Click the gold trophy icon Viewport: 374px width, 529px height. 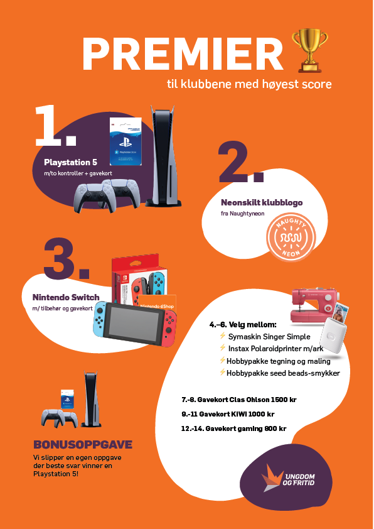pyautogui.click(x=309, y=51)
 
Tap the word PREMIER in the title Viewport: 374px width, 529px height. pyautogui.click(x=183, y=54)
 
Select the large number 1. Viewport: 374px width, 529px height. pyautogui.click(x=55, y=126)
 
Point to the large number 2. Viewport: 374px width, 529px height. pyautogui.click(x=240, y=163)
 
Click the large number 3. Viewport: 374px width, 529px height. pyautogui.click(x=67, y=258)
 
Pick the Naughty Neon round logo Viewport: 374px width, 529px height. pyautogui.click(x=291, y=237)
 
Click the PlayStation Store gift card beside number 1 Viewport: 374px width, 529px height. pyautogui.click(x=126, y=141)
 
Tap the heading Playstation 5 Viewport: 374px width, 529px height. pyautogui.click(x=70, y=162)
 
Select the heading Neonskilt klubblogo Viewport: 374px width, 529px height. pyautogui.click(x=262, y=203)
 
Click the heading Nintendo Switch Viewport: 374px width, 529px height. pyautogui.click(x=66, y=297)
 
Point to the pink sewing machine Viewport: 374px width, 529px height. pyautogui.click(x=313, y=305)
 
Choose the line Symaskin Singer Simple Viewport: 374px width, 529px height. pyautogui.click(x=269, y=337)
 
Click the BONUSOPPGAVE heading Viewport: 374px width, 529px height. pyautogui.click(x=83, y=445)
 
